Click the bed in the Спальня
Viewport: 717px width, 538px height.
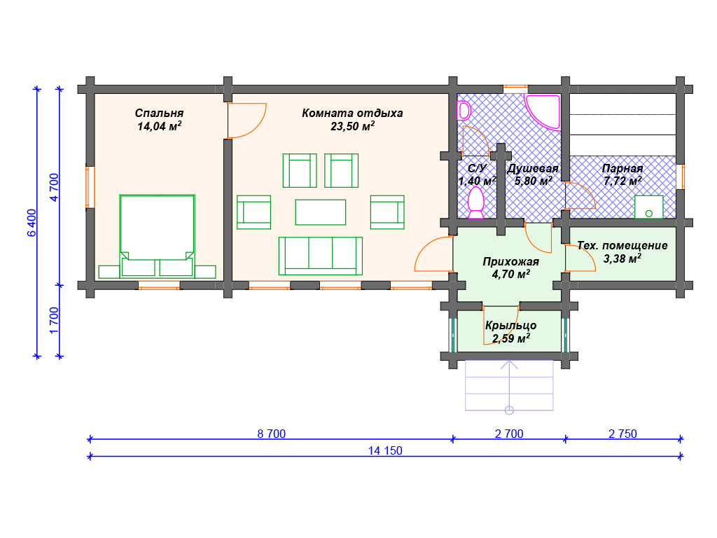click(x=157, y=236)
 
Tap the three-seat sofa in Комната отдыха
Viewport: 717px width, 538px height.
click(x=321, y=256)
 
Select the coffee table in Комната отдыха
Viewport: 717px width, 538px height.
click(x=321, y=212)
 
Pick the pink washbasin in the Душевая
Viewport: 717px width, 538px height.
click(x=464, y=111)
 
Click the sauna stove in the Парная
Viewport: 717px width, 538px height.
click(x=648, y=207)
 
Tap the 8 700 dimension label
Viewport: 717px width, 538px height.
click(x=271, y=434)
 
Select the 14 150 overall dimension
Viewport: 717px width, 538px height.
click(x=385, y=450)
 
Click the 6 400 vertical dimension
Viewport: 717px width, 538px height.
click(x=32, y=223)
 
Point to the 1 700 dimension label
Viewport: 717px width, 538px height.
click(x=54, y=320)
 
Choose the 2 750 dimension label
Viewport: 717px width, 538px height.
click(x=622, y=434)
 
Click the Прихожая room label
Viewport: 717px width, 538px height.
click(x=510, y=262)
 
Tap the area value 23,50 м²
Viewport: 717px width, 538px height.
click(x=353, y=126)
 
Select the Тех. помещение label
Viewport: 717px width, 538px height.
click(x=622, y=246)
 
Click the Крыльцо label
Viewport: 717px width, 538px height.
click(x=510, y=325)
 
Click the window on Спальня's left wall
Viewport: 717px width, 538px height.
click(x=90, y=187)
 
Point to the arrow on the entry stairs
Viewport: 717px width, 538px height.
click(x=509, y=387)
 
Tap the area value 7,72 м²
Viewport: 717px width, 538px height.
click(x=622, y=181)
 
